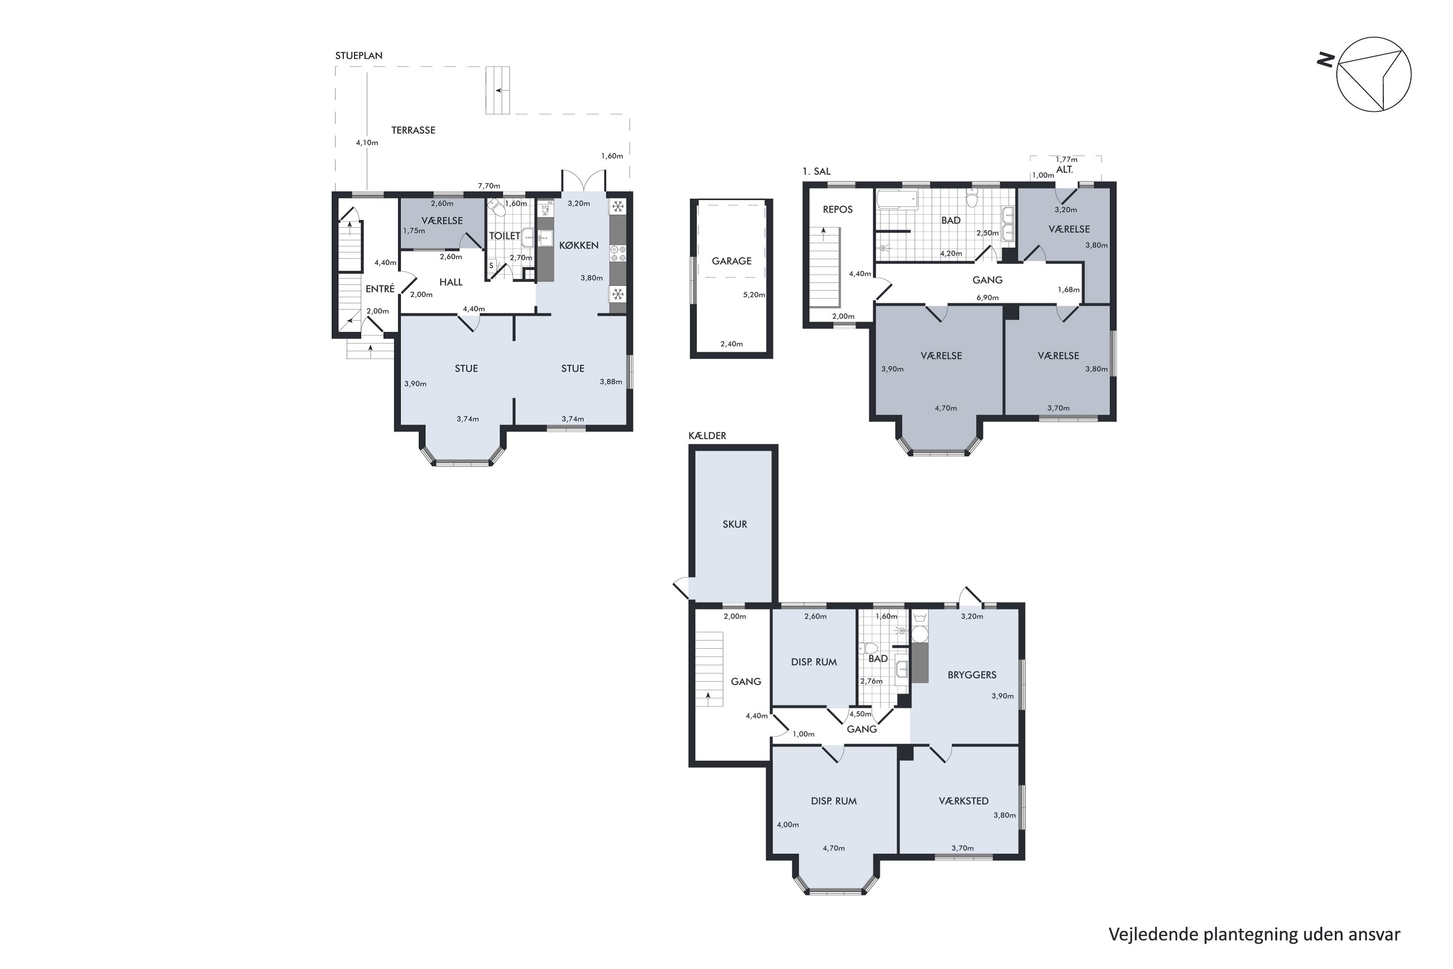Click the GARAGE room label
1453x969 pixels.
coord(731,261)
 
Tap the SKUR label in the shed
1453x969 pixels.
coord(735,524)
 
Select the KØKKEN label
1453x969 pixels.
coord(579,245)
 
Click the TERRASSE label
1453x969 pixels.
coord(413,130)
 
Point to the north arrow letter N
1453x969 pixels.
coord(1326,60)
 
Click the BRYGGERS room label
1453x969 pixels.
coord(972,675)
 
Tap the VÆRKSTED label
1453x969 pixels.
coord(964,801)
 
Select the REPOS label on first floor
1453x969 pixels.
coord(838,209)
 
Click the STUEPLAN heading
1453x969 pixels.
coord(359,56)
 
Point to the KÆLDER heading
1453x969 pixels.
coord(707,436)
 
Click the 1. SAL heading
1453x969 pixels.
coord(817,171)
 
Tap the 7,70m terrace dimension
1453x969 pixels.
coord(489,186)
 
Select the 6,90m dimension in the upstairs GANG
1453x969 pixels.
coord(987,298)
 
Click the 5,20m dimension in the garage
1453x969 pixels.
coord(754,295)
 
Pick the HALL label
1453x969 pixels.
coord(451,282)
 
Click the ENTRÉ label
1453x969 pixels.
coord(380,289)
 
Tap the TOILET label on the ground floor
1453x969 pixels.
coord(505,235)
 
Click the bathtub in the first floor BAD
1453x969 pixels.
coord(897,200)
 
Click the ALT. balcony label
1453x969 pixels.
coord(1065,169)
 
